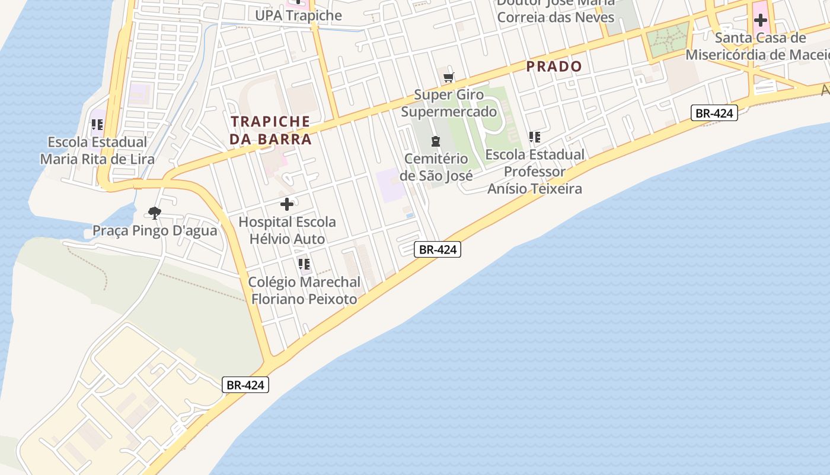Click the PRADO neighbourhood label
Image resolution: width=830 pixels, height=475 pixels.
point(554,66)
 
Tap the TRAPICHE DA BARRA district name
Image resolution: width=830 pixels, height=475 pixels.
point(271,130)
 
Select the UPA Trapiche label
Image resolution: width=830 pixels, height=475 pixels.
point(298,15)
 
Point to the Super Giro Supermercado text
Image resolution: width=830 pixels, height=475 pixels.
point(449,103)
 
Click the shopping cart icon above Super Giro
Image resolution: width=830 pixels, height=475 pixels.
point(449,77)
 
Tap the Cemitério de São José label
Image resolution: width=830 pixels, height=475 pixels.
point(436,167)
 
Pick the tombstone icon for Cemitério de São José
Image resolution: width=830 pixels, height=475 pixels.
point(436,141)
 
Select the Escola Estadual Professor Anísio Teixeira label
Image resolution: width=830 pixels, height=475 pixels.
point(534,172)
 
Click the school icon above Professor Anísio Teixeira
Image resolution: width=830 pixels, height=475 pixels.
point(535,137)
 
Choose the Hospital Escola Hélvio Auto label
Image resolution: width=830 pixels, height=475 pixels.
point(287,230)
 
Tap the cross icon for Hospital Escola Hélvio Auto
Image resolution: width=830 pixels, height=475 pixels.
point(287,204)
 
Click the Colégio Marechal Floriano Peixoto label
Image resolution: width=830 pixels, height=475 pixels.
point(304,290)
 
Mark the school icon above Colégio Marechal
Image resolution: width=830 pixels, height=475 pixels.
point(304,264)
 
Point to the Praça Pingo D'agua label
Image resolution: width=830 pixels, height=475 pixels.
point(155,230)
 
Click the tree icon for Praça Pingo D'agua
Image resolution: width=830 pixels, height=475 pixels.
point(155,213)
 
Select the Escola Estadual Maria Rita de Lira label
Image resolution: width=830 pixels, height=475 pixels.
point(97,151)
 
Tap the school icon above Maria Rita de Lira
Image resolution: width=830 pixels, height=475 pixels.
point(97,125)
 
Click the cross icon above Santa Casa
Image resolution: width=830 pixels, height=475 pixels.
point(760,21)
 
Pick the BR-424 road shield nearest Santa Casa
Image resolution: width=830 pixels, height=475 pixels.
point(714,113)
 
